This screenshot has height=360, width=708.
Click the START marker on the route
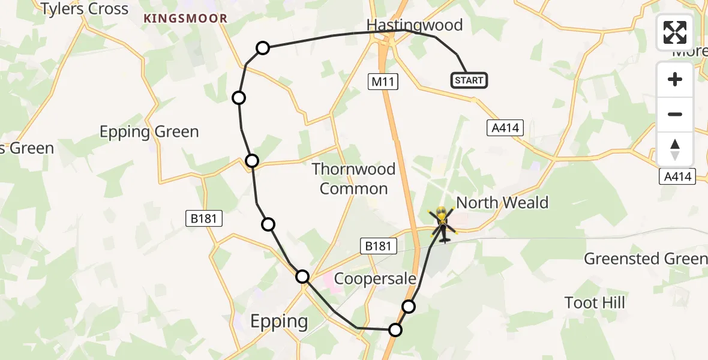tap(469, 80)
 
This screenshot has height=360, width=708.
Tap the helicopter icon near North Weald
tap(442, 224)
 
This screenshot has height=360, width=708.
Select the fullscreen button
tap(675, 32)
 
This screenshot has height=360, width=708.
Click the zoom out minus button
tap(675, 114)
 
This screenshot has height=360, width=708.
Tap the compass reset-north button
tap(675, 149)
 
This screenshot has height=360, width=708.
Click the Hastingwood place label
tap(415, 25)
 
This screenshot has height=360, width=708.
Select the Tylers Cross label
tap(85, 9)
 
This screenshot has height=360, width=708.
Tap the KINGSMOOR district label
tap(185, 19)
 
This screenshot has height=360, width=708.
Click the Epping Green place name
tap(149, 132)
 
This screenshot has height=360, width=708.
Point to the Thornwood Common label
tap(353, 179)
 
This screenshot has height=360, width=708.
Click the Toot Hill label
tap(595, 302)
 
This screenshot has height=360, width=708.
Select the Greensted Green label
tap(646, 259)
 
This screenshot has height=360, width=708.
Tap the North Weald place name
tap(502, 202)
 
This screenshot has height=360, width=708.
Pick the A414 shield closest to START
tap(505, 127)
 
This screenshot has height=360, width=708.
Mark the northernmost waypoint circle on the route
tap(263, 48)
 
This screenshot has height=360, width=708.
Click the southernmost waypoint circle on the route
tap(395, 329)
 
